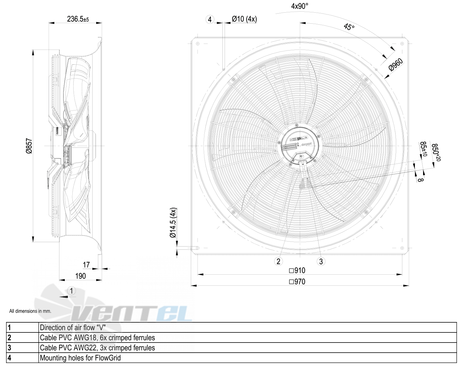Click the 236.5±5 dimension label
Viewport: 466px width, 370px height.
tap(78, 19)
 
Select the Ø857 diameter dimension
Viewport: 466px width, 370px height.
tap(29, 146)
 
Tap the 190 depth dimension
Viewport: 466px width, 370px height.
tap(81, 276)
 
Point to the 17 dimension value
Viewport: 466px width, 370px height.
tap(86, 265)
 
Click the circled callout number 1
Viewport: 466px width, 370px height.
tap(72, 291)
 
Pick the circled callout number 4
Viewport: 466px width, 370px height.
tap(210, 20)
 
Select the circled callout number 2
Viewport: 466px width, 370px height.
tap(278, 261)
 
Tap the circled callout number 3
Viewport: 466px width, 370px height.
tap(321, 261)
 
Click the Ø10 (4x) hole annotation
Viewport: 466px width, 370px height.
tap(244, 19)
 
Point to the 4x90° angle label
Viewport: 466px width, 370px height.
tap(300, 6)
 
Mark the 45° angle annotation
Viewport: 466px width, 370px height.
tap(349, 27)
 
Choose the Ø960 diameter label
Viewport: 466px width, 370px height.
tap(396, 65)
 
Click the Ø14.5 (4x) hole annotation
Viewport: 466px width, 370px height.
tap(173, 223)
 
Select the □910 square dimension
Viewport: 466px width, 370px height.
tap(297, 271)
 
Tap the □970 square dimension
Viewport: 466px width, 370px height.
tap(297, 282)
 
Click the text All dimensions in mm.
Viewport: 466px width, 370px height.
tap(30, 311)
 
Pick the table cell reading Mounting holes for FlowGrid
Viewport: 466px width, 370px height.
tap(80, 358)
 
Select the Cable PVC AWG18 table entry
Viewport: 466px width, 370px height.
tap(97, 338)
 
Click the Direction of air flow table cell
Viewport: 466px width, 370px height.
tap(73, 328)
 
